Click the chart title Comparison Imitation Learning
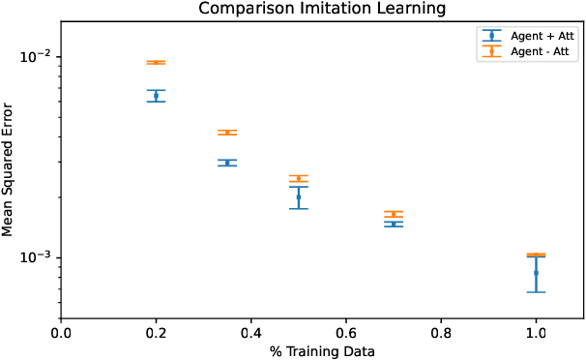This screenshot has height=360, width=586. (x=321, y=9)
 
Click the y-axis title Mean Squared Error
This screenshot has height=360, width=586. (x=9, y=168)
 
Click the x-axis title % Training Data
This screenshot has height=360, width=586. (x=321, y=349)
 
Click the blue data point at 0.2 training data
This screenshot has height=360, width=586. (x=156, y=95)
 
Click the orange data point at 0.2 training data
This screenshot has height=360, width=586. (x=156, y=62)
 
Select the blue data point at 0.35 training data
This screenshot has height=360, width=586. (x=227, y=163)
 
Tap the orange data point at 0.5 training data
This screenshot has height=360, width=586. (x=299, y=178)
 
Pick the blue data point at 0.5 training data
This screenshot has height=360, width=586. (x=299, y=196)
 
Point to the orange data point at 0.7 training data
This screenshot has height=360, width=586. (x=394, y=214)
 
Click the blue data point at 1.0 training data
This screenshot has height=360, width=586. (x=536, y=273)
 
